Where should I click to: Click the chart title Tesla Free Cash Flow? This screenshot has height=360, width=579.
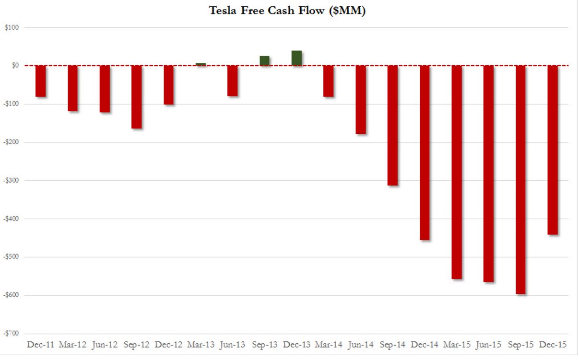click(x=287, y=11)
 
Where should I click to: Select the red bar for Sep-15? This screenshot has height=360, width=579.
click(x=520, y=179)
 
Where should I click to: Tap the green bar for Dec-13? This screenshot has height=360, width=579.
click(x=296, y=58)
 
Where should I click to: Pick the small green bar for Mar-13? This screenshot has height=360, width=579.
click(x=201, y=64)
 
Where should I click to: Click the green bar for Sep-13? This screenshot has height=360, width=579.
click(x=264, y=61)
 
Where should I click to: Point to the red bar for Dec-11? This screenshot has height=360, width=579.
click(x=40, y=81)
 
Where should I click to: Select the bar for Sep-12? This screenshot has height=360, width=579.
click(x=136, y=97)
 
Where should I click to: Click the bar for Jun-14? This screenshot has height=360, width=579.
click(x=360, y=100)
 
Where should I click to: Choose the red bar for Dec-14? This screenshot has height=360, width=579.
click(x=425, y=152)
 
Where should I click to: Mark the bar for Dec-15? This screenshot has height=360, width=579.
click(x=553, y=150)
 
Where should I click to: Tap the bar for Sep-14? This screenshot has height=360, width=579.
click(x=392, y=125)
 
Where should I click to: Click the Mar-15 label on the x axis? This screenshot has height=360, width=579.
click(x=456, y=345)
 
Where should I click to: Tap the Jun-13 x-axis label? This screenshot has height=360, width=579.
click(x=232, y=345)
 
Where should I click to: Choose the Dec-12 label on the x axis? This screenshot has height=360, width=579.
click(x=168, y=345)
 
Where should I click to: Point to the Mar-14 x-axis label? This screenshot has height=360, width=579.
click(x=328, y=345)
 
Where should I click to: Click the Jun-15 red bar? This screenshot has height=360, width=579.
click(x=488, y=174)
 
